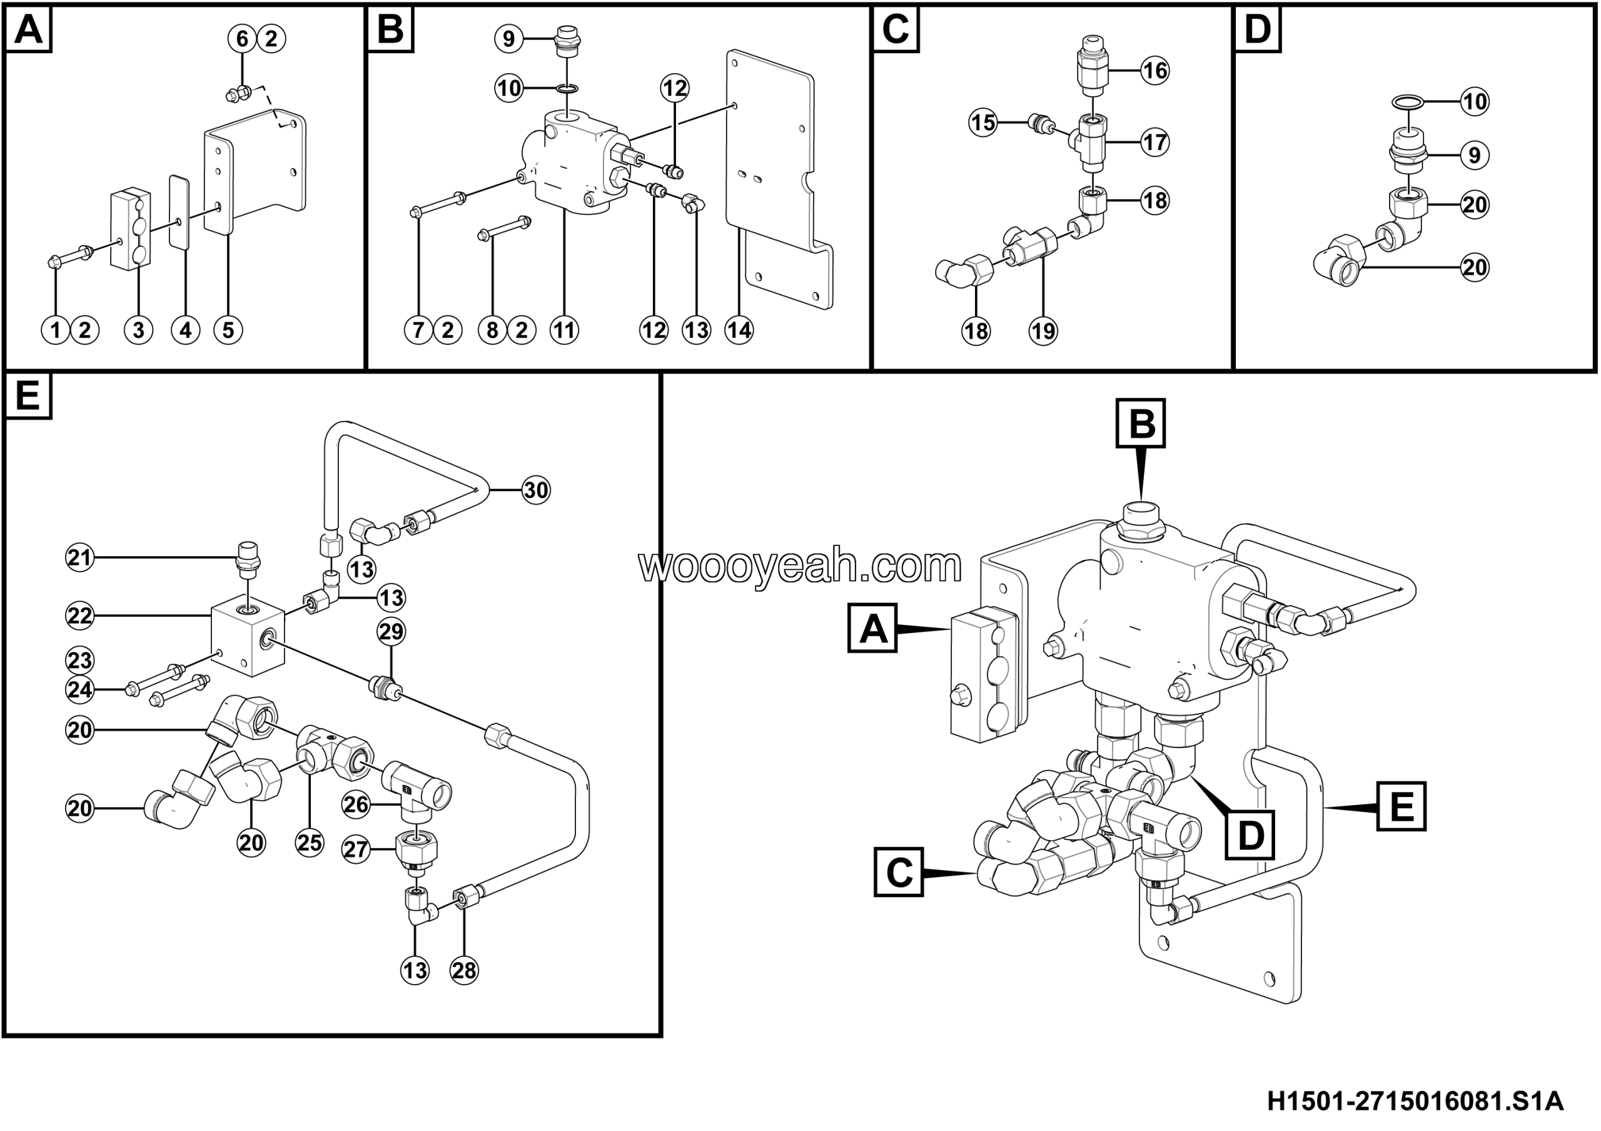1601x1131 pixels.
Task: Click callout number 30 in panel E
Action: click(535, 490)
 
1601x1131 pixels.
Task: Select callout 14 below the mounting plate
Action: click(739, 330)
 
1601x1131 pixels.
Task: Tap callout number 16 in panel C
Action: click(1154, 71)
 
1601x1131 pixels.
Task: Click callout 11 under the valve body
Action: click(564, 330)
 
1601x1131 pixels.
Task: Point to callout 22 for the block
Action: click(79, 616)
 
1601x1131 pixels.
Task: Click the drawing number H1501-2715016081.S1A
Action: click(1415, 1102)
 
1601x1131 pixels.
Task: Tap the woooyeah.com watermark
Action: click(800, 566)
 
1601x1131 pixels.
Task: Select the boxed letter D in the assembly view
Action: click(1250, 835)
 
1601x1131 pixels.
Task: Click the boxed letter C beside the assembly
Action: click(899, 872)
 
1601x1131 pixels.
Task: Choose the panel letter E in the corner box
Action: click(28, 396)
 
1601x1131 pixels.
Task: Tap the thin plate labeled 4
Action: click(180, 212)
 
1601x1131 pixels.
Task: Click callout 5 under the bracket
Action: click(228, 330)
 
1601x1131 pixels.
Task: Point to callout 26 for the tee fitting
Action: click(356, 804)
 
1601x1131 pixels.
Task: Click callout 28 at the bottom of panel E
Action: click(465, 970)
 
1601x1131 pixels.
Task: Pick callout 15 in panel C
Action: click(983, 123)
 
